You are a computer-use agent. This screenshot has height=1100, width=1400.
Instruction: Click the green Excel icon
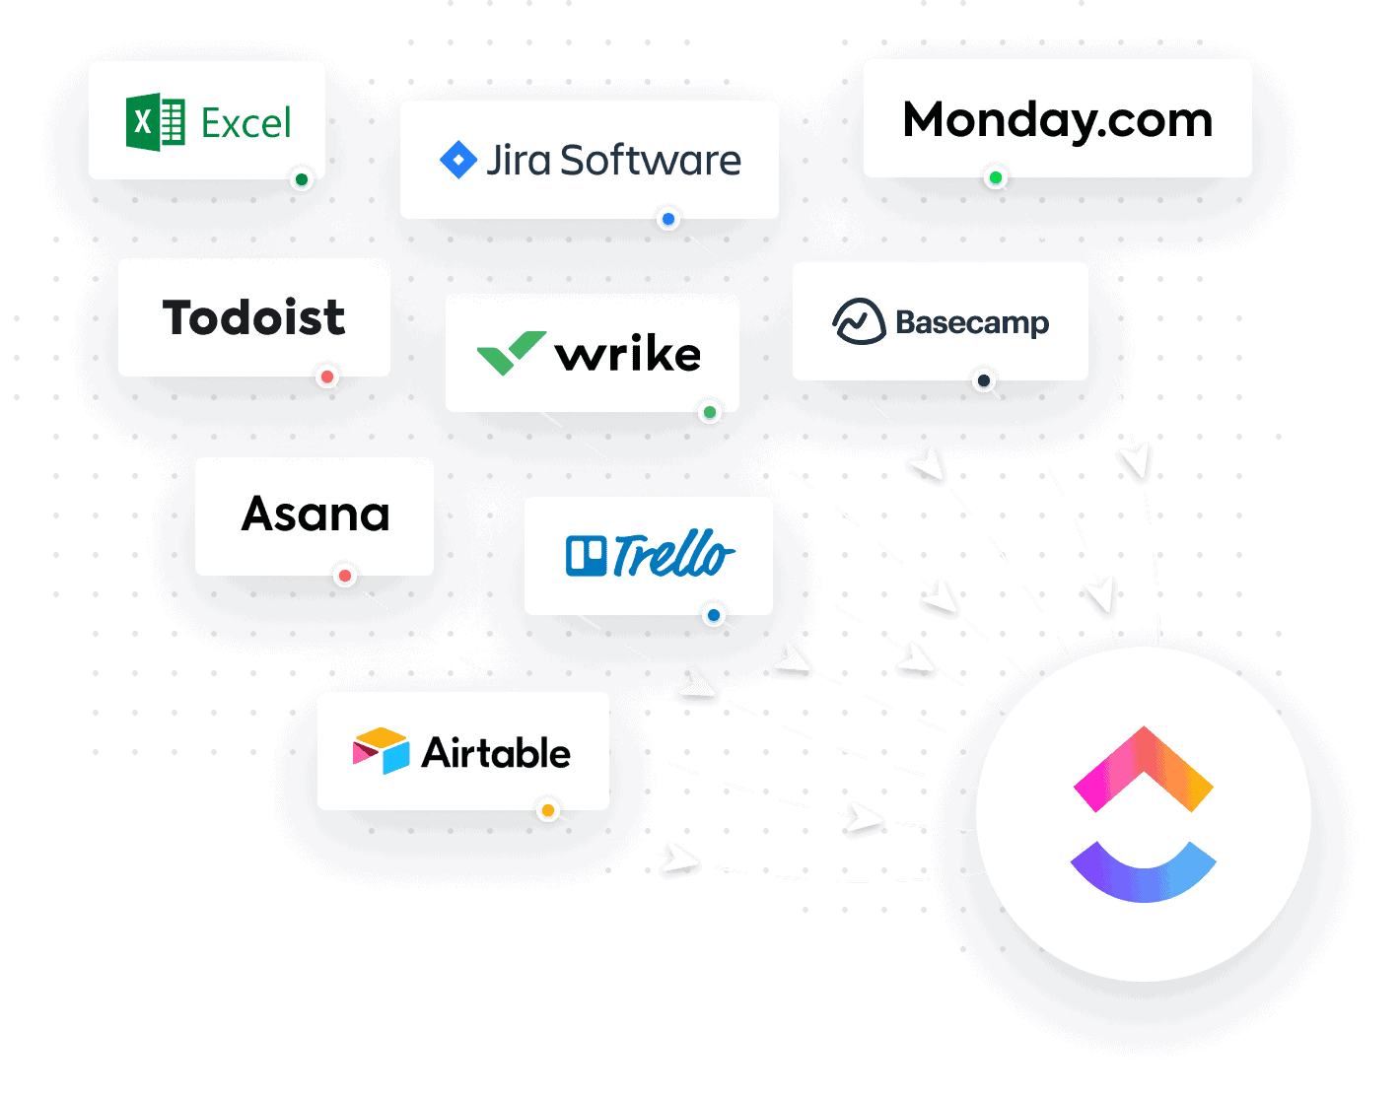pyautogui.click(x=156, y=123)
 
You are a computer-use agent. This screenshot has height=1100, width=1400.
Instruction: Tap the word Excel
pyautogui.click(x=246, y=124)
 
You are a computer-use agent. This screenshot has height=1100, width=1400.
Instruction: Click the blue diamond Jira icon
pyautogui.click(x=458, y=160)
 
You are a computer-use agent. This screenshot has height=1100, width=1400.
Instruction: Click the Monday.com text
pyautogui.click(x=1057, y=120)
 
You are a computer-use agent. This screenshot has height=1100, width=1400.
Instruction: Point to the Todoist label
pyautogui.click(x=253, y=317)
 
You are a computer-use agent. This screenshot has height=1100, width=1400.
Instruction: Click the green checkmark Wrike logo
pyautogui.click(x=511, y=353)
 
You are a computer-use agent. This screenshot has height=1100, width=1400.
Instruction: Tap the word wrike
pyautogui.click(x=628, y=355)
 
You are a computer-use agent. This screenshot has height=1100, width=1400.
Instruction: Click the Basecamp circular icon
pyautogui.click(x=859, y=321)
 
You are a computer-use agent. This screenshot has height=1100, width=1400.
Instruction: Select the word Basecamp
pyautogui.click(x=972, y=322)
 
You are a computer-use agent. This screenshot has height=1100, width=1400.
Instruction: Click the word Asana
pyautogui.click(x=315, y=515)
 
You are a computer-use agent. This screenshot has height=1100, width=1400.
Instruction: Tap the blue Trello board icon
pyautogui.click(x=586, y=556)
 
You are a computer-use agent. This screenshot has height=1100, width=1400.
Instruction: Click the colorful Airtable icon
pyautogui.click(x=381, y=751)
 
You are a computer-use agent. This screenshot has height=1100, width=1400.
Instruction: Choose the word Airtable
pyautogui.click(x=496, y=753)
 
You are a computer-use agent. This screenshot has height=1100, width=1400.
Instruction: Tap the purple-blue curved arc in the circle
pyautogui.click(x=1144, y=871)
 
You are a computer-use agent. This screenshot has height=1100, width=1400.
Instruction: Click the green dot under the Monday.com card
pyautogui.click(x=996, y=178)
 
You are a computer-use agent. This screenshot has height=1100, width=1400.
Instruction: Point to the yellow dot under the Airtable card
pyautogui.click(x=548, y=811)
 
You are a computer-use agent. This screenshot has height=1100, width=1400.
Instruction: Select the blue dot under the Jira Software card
pyautogui.click(x=668, y=219)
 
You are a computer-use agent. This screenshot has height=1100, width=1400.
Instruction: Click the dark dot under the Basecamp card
pyautogui.click(x=983, y=381)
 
